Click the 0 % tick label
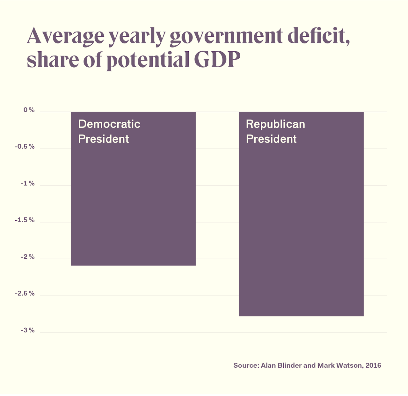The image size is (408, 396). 29,110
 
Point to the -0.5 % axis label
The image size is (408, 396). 25,147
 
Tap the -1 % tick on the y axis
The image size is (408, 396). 28,184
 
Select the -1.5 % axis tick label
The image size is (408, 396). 25,220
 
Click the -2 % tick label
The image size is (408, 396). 28,257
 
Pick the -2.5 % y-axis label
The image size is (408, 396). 25,294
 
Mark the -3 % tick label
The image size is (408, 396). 28,330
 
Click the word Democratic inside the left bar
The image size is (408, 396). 109,124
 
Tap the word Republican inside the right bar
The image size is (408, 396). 275,124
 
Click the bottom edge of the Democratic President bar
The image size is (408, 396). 133,265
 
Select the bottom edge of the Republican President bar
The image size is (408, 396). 301,316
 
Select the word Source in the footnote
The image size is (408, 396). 246,365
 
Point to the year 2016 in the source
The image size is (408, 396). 373,365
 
